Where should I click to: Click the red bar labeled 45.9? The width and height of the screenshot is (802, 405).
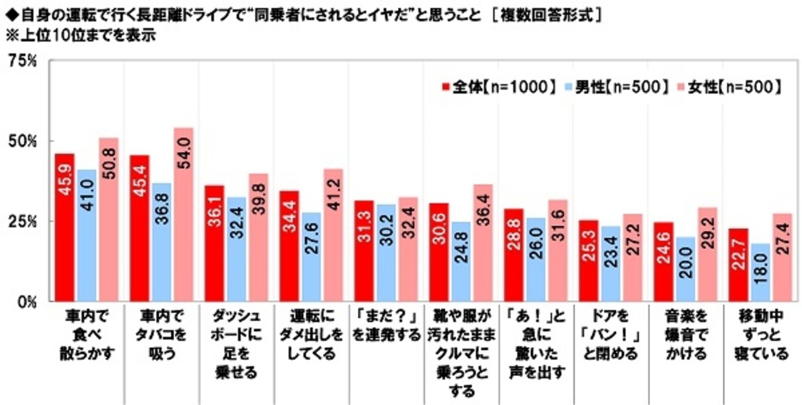point(65,227)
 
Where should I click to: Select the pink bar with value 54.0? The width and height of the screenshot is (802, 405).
point(184,215)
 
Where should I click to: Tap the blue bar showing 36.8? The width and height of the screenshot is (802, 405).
point(161,242)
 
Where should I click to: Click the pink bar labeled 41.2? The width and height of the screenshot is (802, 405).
point(333,235)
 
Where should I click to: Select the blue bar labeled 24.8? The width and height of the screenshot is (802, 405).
point(461,261)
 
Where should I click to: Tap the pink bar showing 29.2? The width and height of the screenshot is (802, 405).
point(706,254)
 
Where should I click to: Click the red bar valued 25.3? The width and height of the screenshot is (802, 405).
point(587,260)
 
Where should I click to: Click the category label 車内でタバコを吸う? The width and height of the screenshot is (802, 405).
point(161,334)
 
